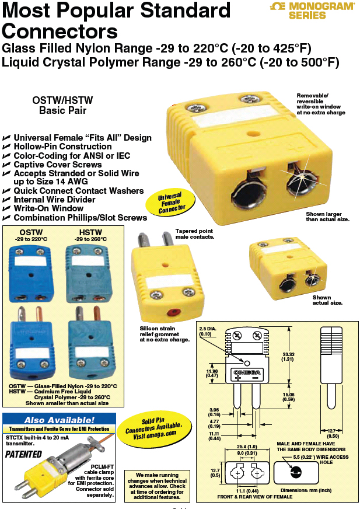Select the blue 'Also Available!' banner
coord(59,420)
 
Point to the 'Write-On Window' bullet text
coord(48,208)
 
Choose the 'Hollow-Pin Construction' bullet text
coord(62,147)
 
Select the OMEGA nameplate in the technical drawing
coord(247,372)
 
